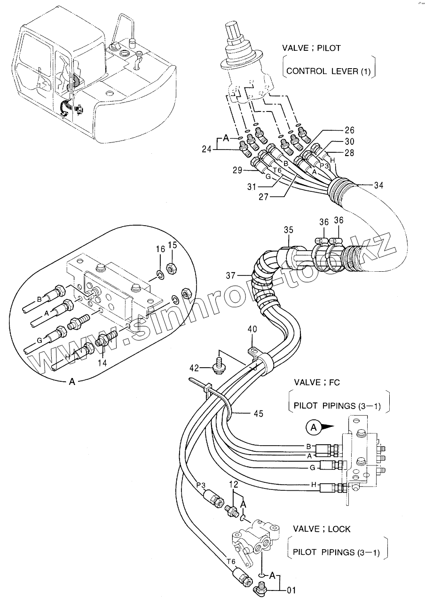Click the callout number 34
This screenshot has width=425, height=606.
coord(378,186)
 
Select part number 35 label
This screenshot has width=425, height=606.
coord(288,230)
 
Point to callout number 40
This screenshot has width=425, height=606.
coord(253,330)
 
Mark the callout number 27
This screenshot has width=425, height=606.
coord(263,197)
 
